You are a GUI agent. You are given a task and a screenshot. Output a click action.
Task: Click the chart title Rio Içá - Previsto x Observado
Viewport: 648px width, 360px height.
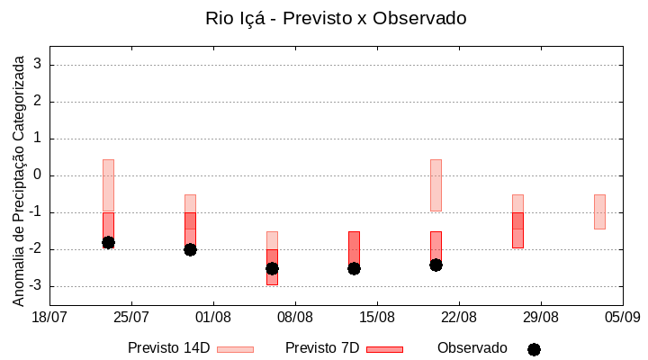point(336,19)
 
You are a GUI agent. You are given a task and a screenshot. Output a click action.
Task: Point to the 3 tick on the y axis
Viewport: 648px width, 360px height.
point(38,65)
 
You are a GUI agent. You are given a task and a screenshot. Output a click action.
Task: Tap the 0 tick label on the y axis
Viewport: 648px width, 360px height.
point(38,175)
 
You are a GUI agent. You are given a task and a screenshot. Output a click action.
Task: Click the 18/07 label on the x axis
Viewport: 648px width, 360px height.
point(49,317)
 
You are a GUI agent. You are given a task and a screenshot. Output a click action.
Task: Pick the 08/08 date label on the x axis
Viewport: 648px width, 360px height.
point(295,317)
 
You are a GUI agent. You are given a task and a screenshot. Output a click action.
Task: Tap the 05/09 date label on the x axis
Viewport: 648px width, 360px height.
point(622,317)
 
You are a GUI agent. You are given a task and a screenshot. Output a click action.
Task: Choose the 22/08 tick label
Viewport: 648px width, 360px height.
point(459,317)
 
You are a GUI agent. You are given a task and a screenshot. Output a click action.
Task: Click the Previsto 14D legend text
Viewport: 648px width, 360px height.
point(169,348)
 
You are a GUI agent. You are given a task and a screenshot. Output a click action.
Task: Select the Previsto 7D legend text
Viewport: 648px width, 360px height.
point(322,348)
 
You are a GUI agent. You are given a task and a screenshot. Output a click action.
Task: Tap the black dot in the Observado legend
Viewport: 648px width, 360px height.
point(534,349)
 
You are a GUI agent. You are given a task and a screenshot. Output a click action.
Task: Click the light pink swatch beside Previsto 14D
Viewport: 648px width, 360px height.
point(235,349)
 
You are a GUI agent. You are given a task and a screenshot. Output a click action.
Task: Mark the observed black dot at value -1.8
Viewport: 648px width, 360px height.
point(108,242)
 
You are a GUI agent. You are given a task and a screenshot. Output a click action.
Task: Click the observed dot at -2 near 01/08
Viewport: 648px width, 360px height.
point(190,249)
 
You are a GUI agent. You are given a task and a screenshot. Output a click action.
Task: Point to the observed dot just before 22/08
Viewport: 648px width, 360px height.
point(436,265)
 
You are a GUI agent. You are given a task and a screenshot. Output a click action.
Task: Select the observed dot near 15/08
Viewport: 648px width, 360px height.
point(354,268)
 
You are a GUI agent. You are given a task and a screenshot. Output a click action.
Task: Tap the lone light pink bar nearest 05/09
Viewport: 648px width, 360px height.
point(599,211)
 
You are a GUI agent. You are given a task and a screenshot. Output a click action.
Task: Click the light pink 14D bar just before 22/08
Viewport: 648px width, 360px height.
point(436,184)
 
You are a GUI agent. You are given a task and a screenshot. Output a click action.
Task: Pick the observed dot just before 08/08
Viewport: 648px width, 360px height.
point(272,268)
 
